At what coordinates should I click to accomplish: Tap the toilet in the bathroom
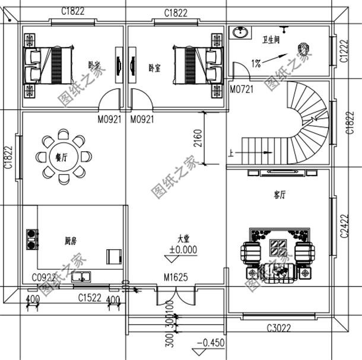tap(305, 49)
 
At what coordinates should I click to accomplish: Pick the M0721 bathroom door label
tap(241, 90)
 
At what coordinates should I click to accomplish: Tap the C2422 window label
tap(344, 225)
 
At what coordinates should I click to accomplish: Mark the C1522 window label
tap(90, 297)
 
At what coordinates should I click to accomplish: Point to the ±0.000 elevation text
tap(182, 250)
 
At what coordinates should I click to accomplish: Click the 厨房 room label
tap(71, 241)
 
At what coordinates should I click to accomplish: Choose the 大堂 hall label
tap(182, 238)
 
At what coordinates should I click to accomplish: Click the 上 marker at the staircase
tap(230, 153)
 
